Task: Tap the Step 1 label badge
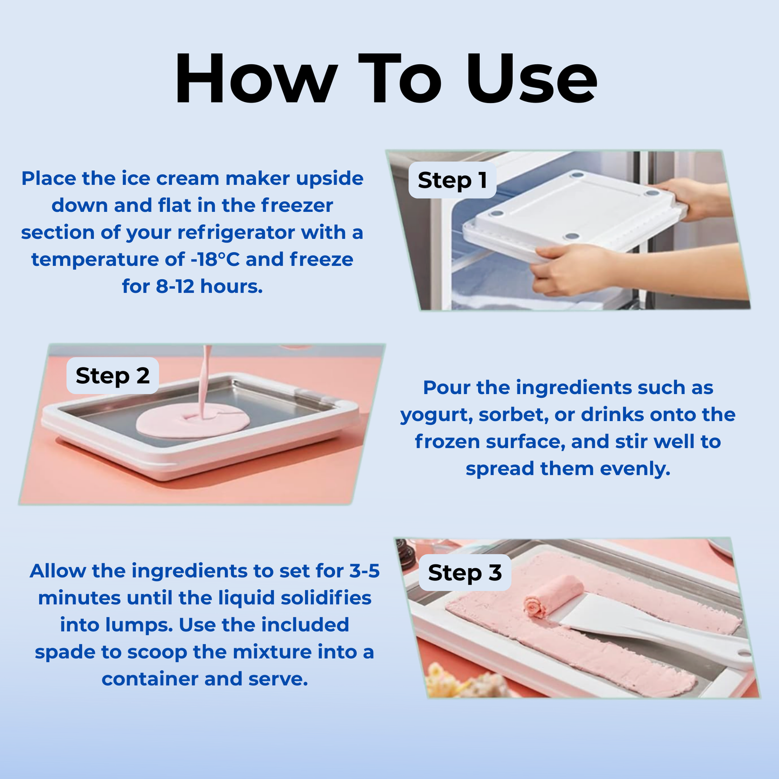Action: (452, 180)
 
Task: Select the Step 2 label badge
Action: (112, 376)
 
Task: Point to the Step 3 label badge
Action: (464, 573)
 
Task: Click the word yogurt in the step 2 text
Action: (436, 415)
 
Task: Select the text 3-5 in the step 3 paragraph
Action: (364, 571)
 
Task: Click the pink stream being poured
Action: (204, 377)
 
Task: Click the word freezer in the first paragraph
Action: (297, 205)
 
